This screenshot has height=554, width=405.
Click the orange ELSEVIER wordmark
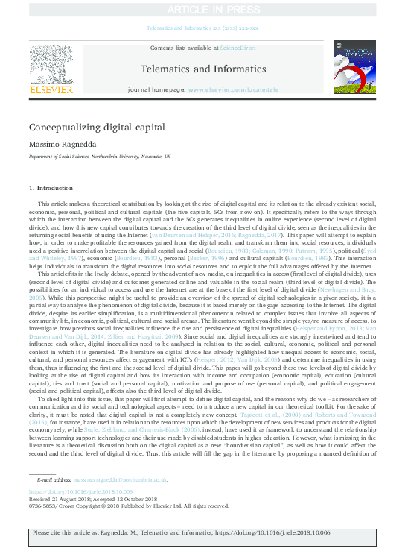click(x=51, y=89)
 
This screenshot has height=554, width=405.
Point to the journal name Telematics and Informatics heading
click(x=202, y=69)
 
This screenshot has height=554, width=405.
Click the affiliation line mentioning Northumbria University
click(x=100, y=157)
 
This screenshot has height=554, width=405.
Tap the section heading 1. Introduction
click(x=51, y=188)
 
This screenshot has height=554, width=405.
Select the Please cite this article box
click(x=202, y=533)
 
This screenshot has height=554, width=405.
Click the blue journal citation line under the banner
click(x=202, y=28)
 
